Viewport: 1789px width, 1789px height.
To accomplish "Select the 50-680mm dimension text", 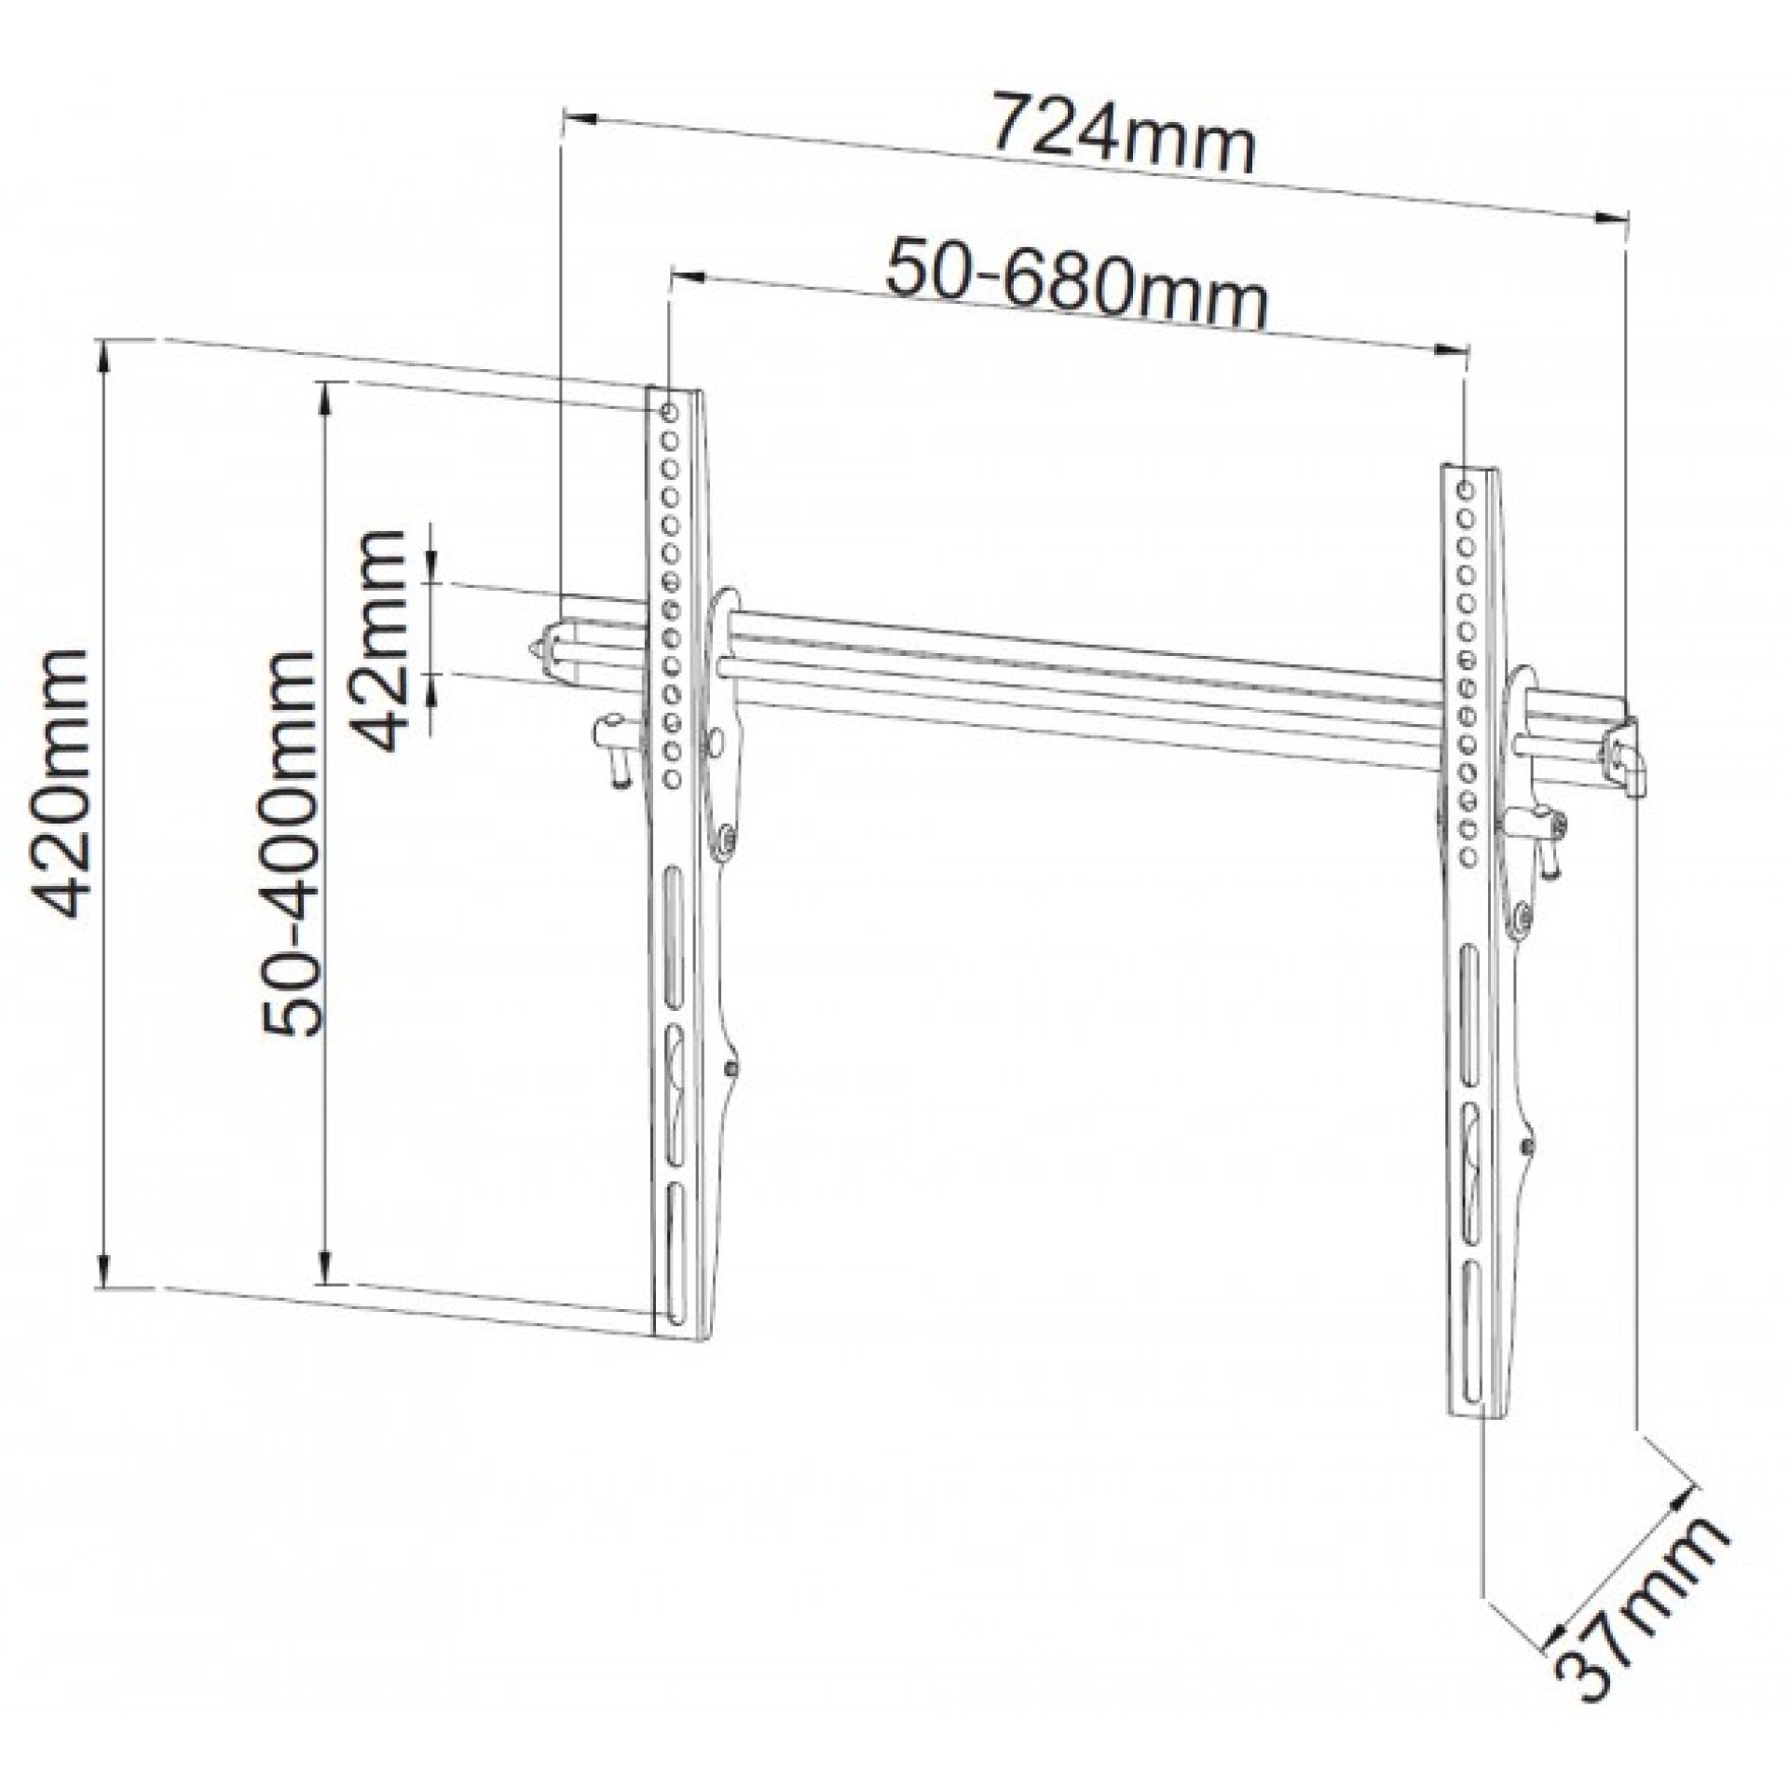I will [x=1076, y=283].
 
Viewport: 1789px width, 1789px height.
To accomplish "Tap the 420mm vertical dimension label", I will [x=61, y=783].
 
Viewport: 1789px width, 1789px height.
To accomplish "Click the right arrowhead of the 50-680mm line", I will [x=1449, y=350].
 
